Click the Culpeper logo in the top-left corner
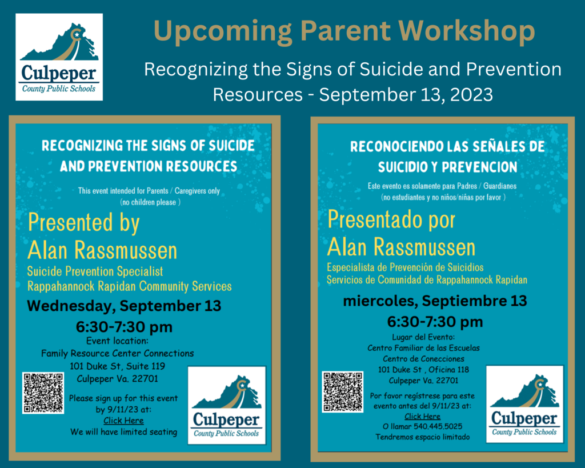[x=59, y=57]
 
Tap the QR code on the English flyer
[x=43, y=393]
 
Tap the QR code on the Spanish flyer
[x=343, y=391]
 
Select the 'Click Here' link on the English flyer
[x=123, y=421]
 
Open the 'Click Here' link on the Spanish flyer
[x=422, y=416]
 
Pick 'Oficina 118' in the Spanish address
[x=449, y=370]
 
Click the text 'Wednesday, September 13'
[x=124, y=306]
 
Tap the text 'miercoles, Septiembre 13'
[x=435, y=301]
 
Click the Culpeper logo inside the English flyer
[x=226, y=405]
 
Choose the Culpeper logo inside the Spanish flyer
[x=524, y=404]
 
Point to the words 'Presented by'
[x=84, y=223]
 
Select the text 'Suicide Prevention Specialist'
[x=95, y=271]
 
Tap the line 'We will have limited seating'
[x=124, y=432]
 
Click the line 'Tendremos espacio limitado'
[x=423, y=437]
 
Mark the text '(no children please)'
[x=150, y=202]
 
